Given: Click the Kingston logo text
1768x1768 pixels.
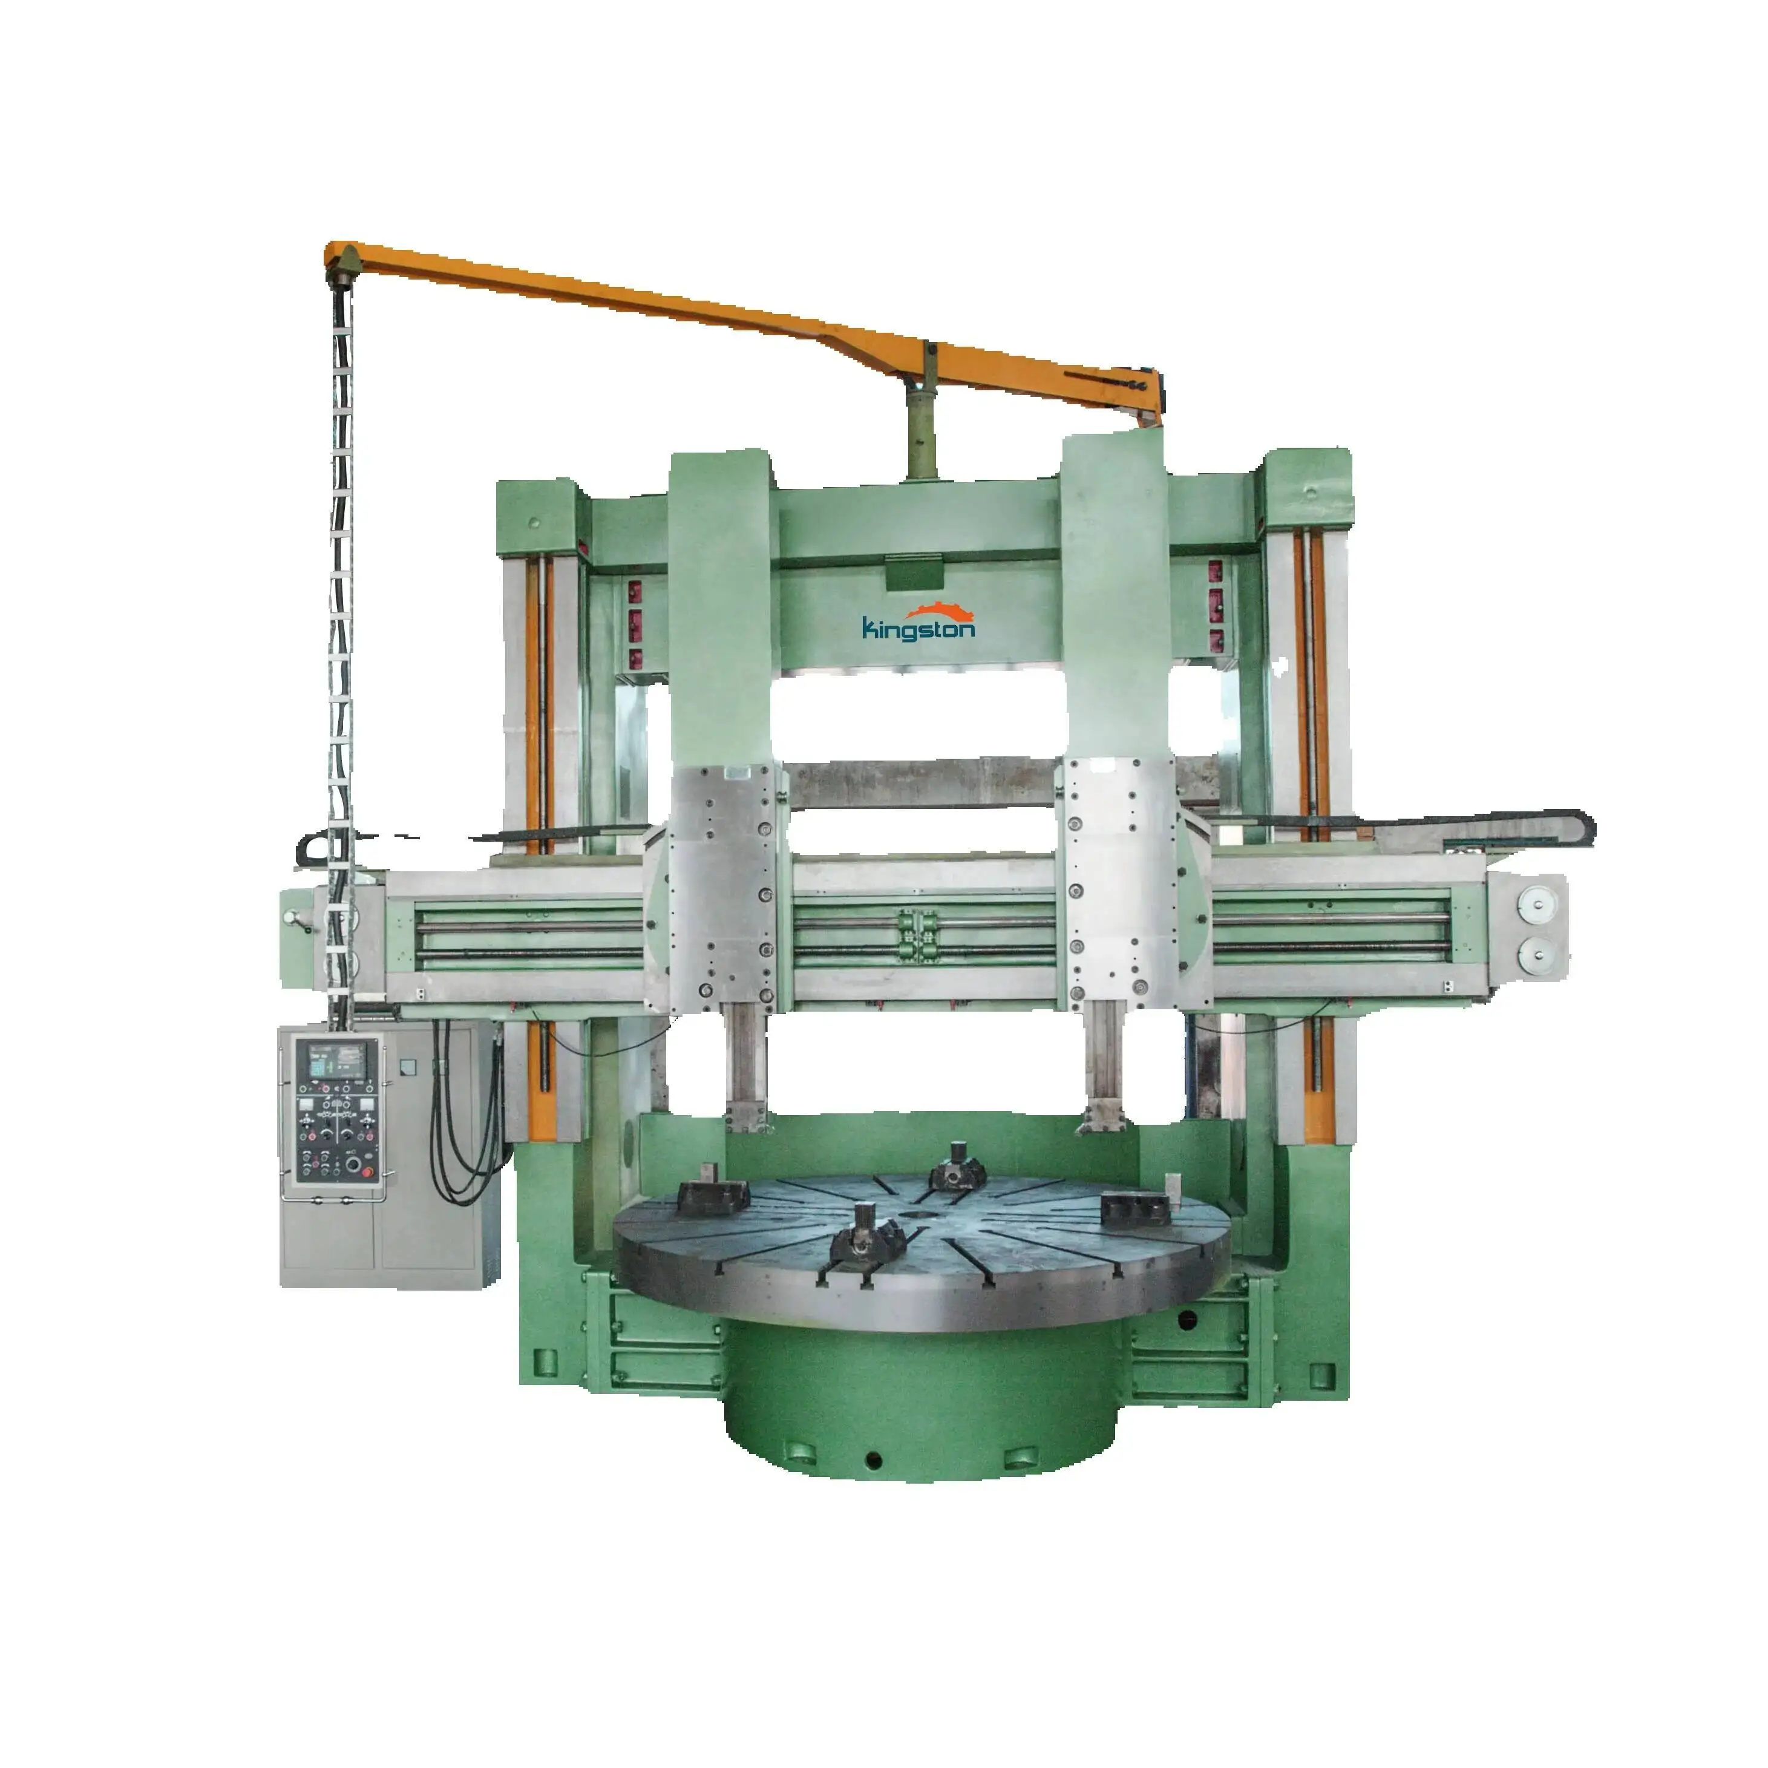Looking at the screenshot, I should [x=918, y=629].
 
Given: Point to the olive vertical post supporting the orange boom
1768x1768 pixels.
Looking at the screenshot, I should [x=923, y=430].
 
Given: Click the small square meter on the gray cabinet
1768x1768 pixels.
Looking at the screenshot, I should [x=409, y=1066].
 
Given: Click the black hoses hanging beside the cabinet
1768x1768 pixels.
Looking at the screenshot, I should [x=467, y=1125].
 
